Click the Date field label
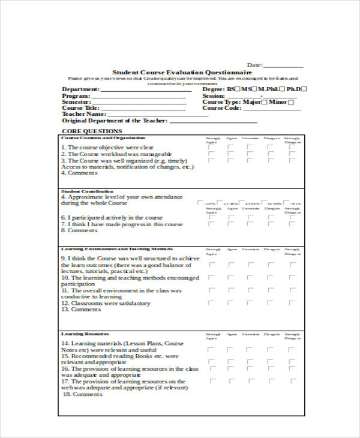[254, 65]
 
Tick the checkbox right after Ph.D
[303, 89]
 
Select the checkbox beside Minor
[292, 102]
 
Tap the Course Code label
[221, 108]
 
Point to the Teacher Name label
[84, 114]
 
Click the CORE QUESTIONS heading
[92, 131]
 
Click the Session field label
[214, 95]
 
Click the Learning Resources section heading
[85, 334]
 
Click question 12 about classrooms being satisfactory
[106, 303]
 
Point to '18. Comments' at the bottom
[83, 394]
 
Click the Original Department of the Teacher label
[115, 121]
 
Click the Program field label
[76, 96]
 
